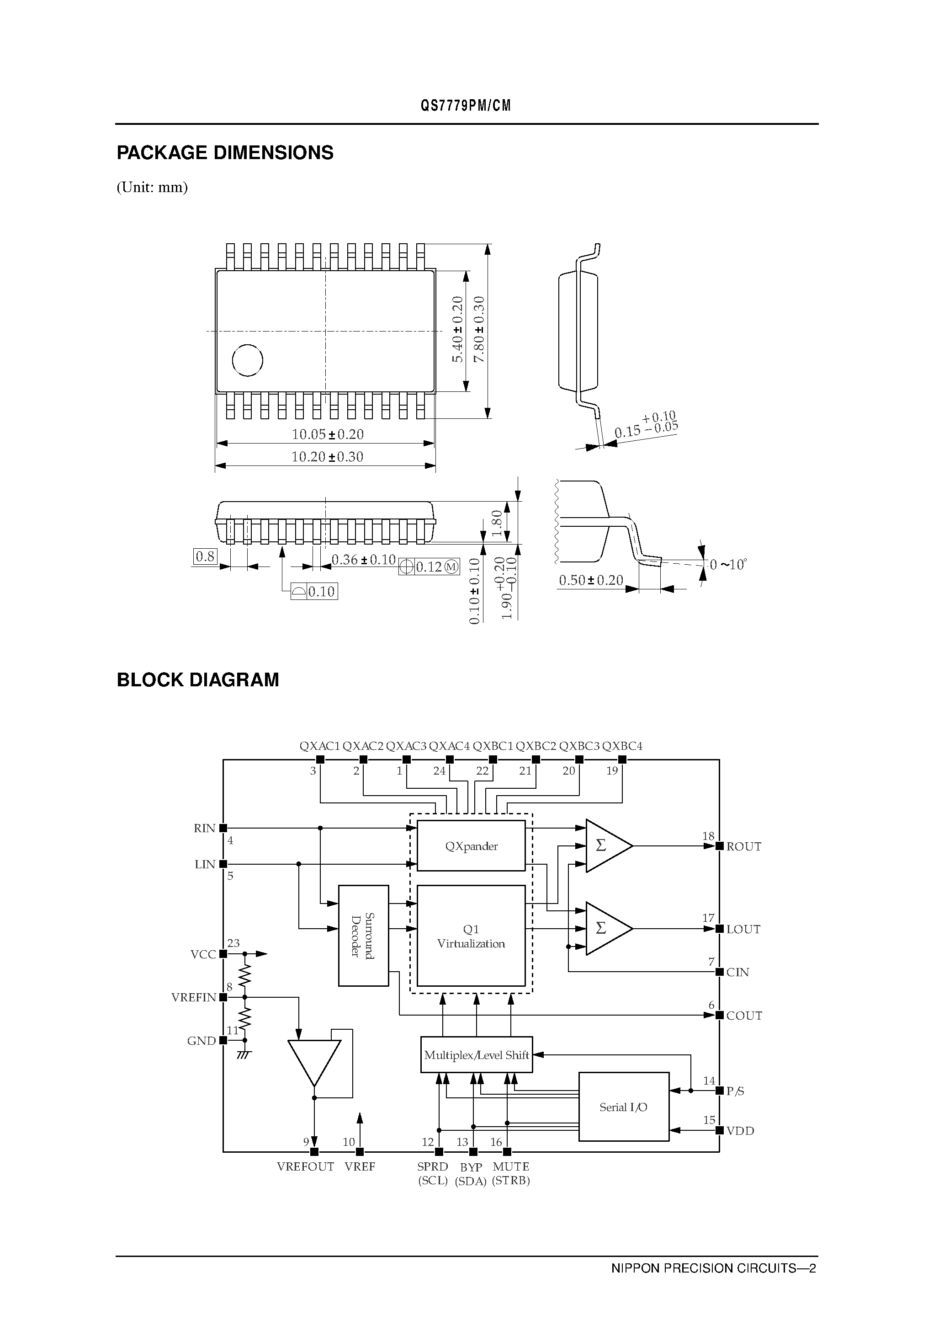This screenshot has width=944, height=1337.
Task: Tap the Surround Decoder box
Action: click(x=363, y=936)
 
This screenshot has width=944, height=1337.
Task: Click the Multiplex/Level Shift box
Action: click(x=476, y=1054)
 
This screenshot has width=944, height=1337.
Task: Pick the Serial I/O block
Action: click(x=623, y=1107)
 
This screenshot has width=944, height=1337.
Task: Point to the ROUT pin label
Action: click(x=743, y=847)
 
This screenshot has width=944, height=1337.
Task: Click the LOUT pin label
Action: click(x=743, y=930)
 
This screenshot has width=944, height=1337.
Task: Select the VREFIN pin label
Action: click(x=194, y=998)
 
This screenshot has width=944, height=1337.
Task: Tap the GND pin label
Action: click(x=202, y=1041)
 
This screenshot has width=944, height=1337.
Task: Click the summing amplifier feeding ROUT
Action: click(x=605, y=845)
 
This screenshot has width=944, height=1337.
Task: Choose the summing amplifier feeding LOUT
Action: click(x=605, y=929)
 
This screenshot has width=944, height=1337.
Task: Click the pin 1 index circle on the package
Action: click(x=247, y=360)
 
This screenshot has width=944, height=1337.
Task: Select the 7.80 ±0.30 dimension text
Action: click(x=479, y=330)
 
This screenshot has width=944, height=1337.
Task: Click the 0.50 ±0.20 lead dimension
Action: click(x=591, y=581)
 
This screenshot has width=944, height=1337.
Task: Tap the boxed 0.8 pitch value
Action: click(x=205, y=556)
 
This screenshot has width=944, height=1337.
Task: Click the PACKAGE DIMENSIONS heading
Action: click(x=225, y=153)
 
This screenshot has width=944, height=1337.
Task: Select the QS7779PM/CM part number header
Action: click(x=466, y=106)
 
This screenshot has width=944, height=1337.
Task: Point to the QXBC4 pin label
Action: click(x=622, y=746)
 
